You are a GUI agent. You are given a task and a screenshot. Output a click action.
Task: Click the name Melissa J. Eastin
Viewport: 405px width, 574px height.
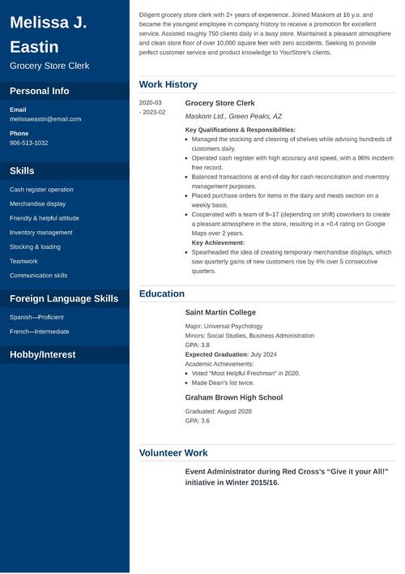point(49,34)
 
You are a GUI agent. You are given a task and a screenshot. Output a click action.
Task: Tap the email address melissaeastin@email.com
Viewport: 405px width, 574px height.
point(45,119)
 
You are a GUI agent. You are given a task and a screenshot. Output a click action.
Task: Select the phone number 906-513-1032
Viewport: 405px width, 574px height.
point(29,143)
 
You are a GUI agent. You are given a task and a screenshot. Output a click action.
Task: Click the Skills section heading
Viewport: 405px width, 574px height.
point(22,171)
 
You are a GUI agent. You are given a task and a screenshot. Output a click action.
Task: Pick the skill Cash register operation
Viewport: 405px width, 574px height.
point(41,190)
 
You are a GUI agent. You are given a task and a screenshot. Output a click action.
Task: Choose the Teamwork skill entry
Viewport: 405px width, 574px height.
point(23,261)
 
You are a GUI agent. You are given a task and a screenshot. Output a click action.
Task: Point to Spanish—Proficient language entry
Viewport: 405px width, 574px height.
point(36,317)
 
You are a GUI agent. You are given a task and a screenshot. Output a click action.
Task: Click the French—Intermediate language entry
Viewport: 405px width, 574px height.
point(40,332)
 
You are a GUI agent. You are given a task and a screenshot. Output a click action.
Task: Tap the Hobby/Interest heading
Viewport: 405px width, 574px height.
point(43,354)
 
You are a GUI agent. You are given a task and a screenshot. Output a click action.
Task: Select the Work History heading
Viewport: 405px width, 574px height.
point(168,84)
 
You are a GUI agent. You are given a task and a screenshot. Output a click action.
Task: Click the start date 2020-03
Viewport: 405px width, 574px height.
point(151,103)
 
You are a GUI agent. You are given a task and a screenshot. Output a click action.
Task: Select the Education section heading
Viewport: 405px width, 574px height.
point(162,293)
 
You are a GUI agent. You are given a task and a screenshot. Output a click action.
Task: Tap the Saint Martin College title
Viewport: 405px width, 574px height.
point(220,312)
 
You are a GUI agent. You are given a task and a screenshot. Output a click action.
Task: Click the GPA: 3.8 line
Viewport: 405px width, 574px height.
point(198,345)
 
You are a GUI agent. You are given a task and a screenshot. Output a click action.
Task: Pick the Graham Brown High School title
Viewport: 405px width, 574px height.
point(234,397)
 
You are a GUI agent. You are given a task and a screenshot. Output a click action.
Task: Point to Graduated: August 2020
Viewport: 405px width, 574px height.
point(219,411)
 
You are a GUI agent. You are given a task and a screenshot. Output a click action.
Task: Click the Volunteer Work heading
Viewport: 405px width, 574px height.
point(173,453)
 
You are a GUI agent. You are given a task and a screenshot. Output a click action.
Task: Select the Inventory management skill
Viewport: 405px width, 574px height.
point(41,233)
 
